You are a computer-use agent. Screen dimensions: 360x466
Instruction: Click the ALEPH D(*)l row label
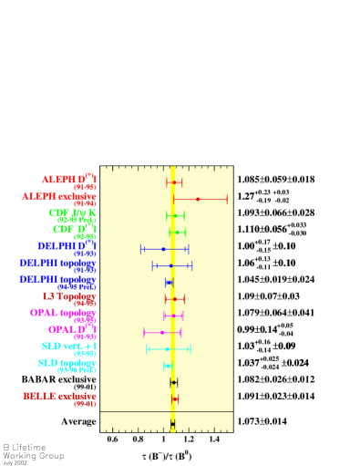click(x=68, y=180)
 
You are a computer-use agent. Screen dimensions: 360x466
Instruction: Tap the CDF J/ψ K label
click(x=72, y=212)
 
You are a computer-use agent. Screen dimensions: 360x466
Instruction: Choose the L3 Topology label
click(x=69, y=295)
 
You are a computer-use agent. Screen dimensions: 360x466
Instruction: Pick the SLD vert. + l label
click(x=68, y=346)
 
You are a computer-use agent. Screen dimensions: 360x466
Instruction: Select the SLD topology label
click(x=67, y=362)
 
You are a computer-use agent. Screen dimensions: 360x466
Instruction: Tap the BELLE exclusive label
click(x=59, y=396)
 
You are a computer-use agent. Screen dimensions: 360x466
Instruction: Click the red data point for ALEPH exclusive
click(x=198, y=199)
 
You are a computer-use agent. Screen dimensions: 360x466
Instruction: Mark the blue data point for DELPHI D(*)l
click(x=164, y=249)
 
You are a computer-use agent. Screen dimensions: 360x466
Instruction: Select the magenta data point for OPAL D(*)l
click(x=162, y=332)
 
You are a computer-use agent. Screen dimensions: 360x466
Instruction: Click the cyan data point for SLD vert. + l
click(x=167, y=348)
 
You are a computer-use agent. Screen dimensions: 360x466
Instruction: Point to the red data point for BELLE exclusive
click(x=174, y=399)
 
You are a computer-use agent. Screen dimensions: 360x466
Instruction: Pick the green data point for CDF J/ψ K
click(x=174, y=216)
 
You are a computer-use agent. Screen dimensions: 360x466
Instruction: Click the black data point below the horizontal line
click(x=172, y=424)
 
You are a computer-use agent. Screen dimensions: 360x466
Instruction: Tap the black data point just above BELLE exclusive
click(x=173, y=382)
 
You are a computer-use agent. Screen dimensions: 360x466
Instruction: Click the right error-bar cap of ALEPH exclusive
click(x=227, y=199)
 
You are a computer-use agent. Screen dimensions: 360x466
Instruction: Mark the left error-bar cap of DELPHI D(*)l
click(x=141, y=249)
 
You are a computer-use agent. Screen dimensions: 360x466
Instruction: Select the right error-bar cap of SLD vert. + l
click(x=190, y=348)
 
